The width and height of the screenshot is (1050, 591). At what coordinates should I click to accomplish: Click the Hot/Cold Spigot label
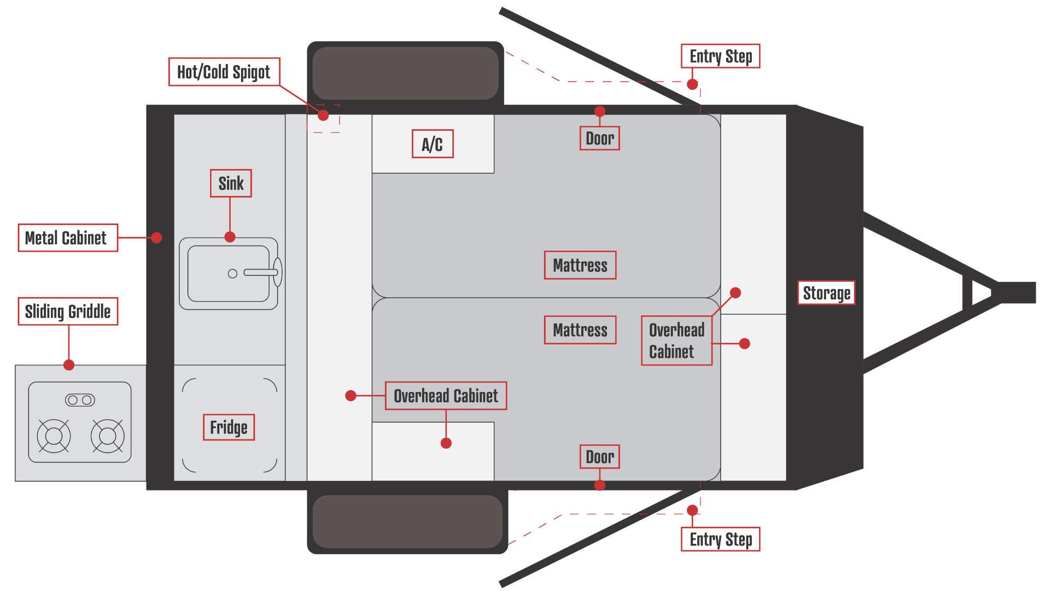coord(224,72)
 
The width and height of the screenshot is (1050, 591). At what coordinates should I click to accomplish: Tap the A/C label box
coord(433,144)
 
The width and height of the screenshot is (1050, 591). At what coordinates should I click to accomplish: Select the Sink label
coord(231,183)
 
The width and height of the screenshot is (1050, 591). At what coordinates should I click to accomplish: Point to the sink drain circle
coord(232,274)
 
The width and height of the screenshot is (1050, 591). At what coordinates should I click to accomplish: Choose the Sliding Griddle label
coord(68,311)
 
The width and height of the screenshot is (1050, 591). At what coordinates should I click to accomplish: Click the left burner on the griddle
coord(54,436)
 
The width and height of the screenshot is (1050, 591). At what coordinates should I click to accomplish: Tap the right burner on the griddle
coord(107,436)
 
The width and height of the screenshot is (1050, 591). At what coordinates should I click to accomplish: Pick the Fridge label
coord(229,427)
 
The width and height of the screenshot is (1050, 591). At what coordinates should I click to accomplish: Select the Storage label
coord(826,293)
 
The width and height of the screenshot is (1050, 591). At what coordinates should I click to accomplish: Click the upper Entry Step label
coord(721,56)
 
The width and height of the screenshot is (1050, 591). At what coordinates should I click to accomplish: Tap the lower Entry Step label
coord(721,540)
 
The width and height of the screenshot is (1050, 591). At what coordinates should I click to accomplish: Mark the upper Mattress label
coord(580,265)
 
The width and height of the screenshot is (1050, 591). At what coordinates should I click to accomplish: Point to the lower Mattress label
coord(580,330)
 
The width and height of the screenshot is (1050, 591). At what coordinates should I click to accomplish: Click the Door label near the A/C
coord(600,138)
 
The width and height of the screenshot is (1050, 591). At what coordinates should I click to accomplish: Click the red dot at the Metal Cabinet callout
coord(156,238)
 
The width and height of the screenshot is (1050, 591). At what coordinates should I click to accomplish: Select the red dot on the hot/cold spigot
coord(323,115)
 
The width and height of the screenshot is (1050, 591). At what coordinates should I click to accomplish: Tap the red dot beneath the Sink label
coord(230,237)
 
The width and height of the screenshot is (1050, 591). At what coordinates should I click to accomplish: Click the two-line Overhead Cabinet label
coord(676,340)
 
